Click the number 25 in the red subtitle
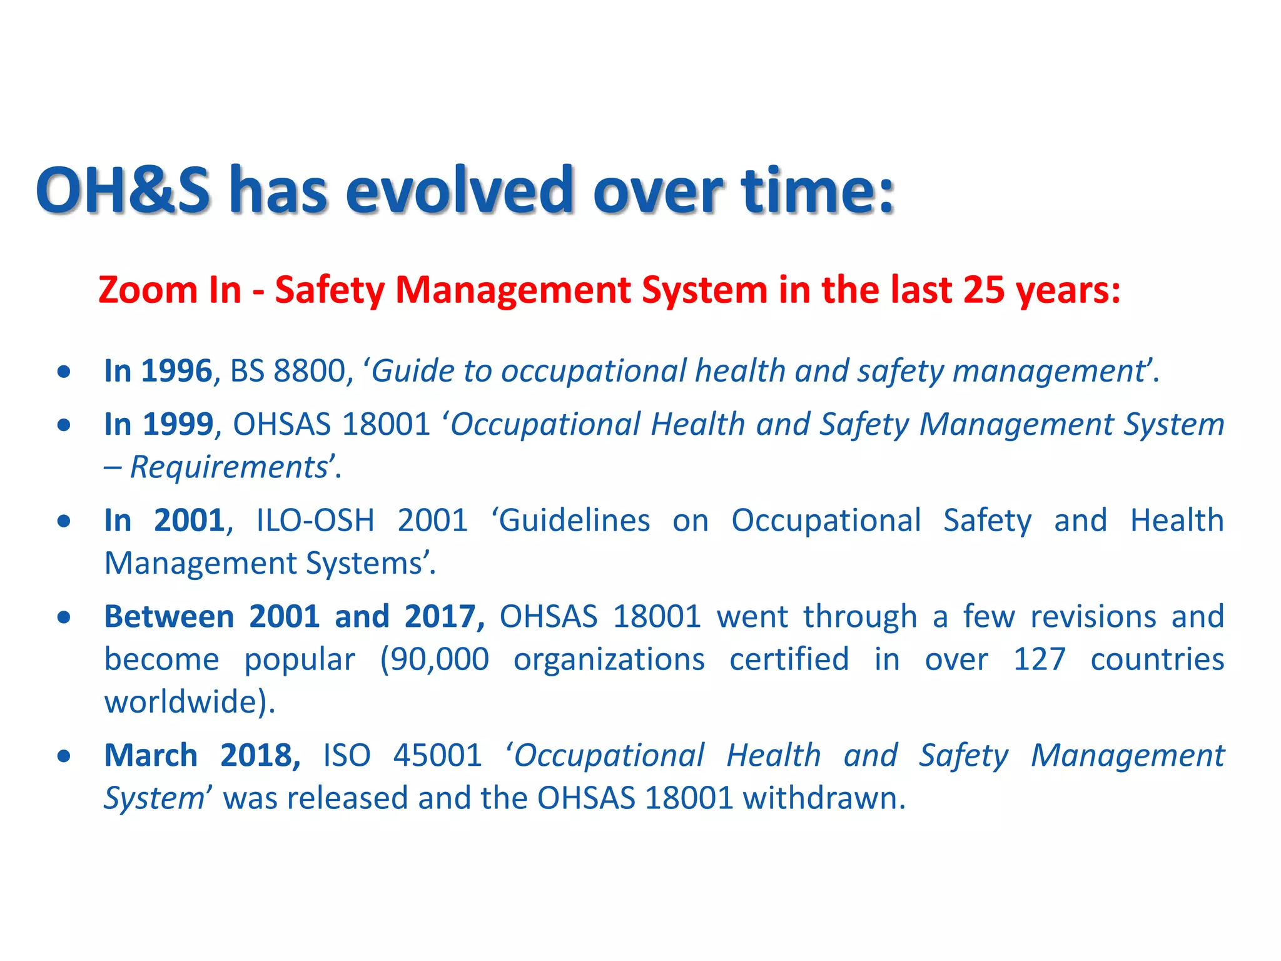pyautogui.click(x=984, y=290)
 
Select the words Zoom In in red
pyautogui.click(x=170, y=290)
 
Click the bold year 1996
pyautogui.click(x=177, y=371)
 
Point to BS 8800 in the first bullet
pyautogui.click(x=287, y=371)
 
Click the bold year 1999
pyautogui.click(x=178, y=425)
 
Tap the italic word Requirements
pyautogui.click(x=229, y=467)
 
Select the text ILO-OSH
pyautogui.click(x=315, y=521)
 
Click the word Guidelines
pyautogui.click(x=575, y=521)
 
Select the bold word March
pyautogui.click(x=151, y=756)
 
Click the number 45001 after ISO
pyautogui.click(x=437, y=756)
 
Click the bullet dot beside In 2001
pyautogui.click(x=64, y=521)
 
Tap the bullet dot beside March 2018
pyautogui.click(x=64, y=756)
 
